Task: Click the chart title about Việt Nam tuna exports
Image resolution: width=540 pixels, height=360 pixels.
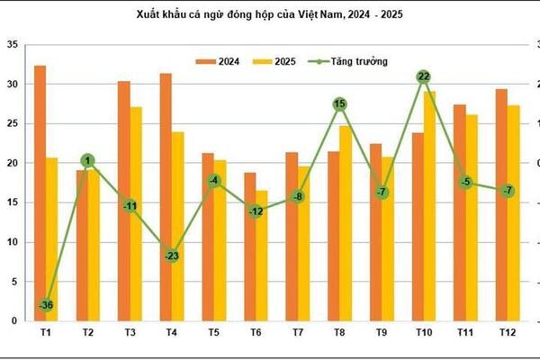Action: [270, 15]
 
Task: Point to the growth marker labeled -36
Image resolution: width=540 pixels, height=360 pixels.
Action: [46, 305]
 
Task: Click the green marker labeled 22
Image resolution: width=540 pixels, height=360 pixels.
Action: [423, 77]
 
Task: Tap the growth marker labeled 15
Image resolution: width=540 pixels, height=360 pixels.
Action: [339, 104]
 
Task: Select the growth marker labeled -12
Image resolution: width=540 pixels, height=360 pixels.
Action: [256, 211]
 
